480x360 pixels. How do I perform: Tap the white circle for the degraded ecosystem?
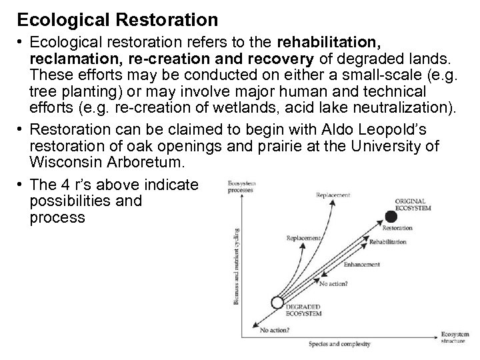point(278,302)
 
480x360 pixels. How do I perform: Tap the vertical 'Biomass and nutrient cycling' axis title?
point(237,267)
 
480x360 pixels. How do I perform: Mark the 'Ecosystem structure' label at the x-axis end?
point(453,337)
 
